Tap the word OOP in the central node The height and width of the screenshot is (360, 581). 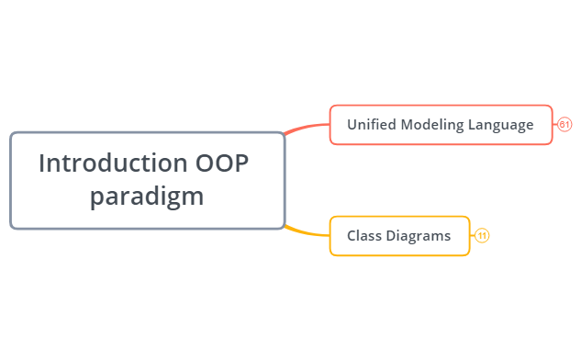coord(222,163)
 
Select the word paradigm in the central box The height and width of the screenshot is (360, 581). coord(147,197)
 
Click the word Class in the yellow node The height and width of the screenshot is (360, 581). coord(364,236)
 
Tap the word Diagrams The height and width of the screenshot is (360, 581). coord(419,236)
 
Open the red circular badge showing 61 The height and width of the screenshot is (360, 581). coord(564,125)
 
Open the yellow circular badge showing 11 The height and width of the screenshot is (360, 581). coord(482,236)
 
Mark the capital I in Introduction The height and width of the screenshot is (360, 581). coord(43,163)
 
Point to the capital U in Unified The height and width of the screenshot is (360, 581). coord(352,125)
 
